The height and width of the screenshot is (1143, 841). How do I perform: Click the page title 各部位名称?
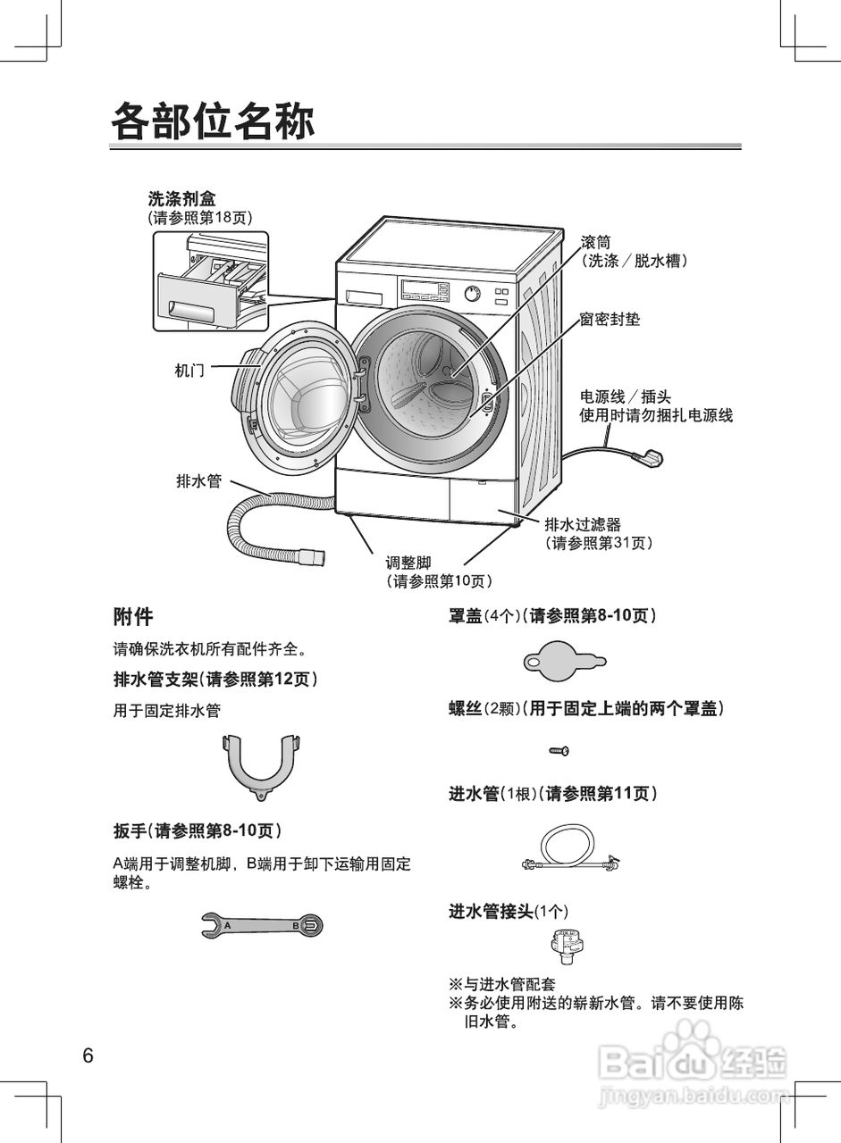point(213,121)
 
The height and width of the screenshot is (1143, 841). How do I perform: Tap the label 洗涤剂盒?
point(181,198)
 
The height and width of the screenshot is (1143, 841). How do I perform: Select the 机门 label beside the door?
point(189,371)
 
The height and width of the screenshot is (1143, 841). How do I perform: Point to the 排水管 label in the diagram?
point(199,480)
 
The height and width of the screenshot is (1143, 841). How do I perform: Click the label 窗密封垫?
point(610,320)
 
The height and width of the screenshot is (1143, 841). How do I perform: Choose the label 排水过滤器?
point(583,524)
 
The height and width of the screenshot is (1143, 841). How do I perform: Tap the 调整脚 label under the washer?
point(408,563)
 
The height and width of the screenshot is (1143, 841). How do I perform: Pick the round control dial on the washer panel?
point(472,294)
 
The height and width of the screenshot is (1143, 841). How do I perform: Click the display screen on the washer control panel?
point(425,288)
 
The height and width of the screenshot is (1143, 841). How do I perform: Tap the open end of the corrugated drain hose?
point(319,556)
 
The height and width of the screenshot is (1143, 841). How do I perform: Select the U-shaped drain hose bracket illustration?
point(262,768)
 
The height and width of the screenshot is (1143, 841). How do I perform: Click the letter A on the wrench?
point(228,925)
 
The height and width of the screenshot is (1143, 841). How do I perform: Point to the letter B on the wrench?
point(295,925)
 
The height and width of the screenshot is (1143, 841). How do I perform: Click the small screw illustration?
point(559,751)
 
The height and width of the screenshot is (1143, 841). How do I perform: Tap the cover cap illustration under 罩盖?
point(564,662)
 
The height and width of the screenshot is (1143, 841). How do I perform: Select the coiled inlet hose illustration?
point(570,849)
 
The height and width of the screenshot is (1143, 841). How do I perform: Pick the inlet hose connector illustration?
point(568,947)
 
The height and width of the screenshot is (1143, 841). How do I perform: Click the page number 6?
point(88,1055)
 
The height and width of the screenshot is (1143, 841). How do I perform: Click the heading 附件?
point(133,616)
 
